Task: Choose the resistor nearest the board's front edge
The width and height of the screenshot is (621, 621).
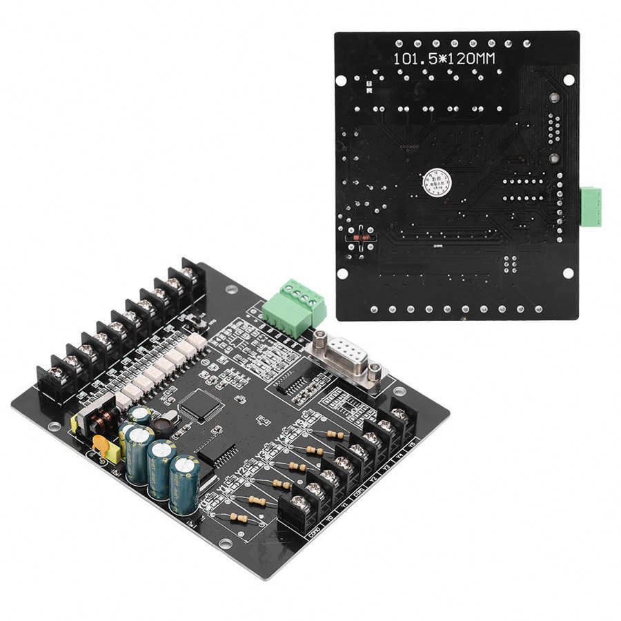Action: [x=239, y=517]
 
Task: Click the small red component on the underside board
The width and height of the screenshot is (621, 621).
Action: [x=358, y=238]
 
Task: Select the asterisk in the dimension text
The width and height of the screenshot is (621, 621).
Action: [x=431, y=59]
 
